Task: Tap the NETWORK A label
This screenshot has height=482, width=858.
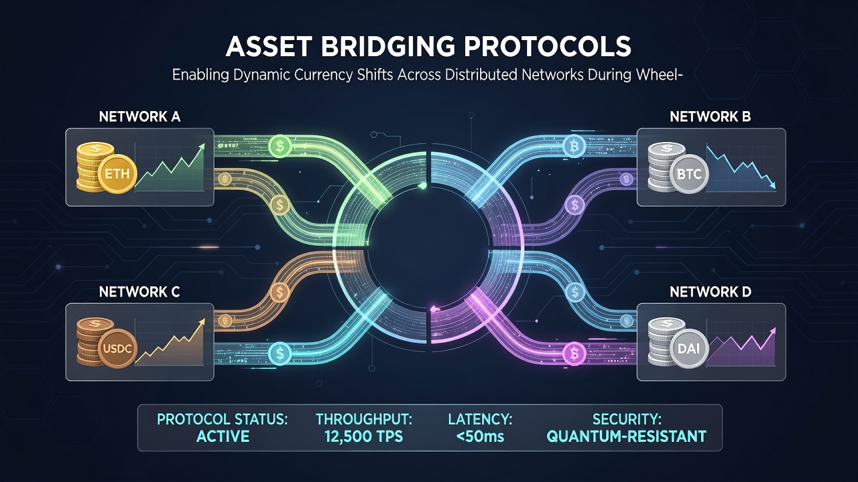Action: [139, 116]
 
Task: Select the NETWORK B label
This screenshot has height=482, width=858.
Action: [711, 116]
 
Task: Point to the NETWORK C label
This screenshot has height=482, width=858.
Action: [139, 293]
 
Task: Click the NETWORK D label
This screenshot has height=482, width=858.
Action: [711, 293]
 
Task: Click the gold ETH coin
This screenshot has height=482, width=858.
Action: [117, 175]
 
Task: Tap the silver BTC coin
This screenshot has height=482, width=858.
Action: [689, 175]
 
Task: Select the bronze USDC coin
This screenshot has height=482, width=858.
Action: [117, 349]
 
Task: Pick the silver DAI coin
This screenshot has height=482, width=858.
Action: [688, 349]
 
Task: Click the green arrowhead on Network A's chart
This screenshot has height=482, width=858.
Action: [202, 147]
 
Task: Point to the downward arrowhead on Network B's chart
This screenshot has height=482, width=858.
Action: [772, 186]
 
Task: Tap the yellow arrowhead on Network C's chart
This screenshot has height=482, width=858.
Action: [201, 323]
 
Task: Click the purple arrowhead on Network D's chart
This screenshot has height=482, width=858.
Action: [772, 331]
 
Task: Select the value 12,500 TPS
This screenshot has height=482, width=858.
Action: [364, 436]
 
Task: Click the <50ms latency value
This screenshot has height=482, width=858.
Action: [481, 436]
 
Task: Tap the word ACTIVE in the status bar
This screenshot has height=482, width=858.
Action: [223, 436]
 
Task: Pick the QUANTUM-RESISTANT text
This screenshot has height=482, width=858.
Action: [627, 436]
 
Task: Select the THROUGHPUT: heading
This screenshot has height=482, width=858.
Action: [364, 420]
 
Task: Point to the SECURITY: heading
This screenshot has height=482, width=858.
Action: [627, 420]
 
